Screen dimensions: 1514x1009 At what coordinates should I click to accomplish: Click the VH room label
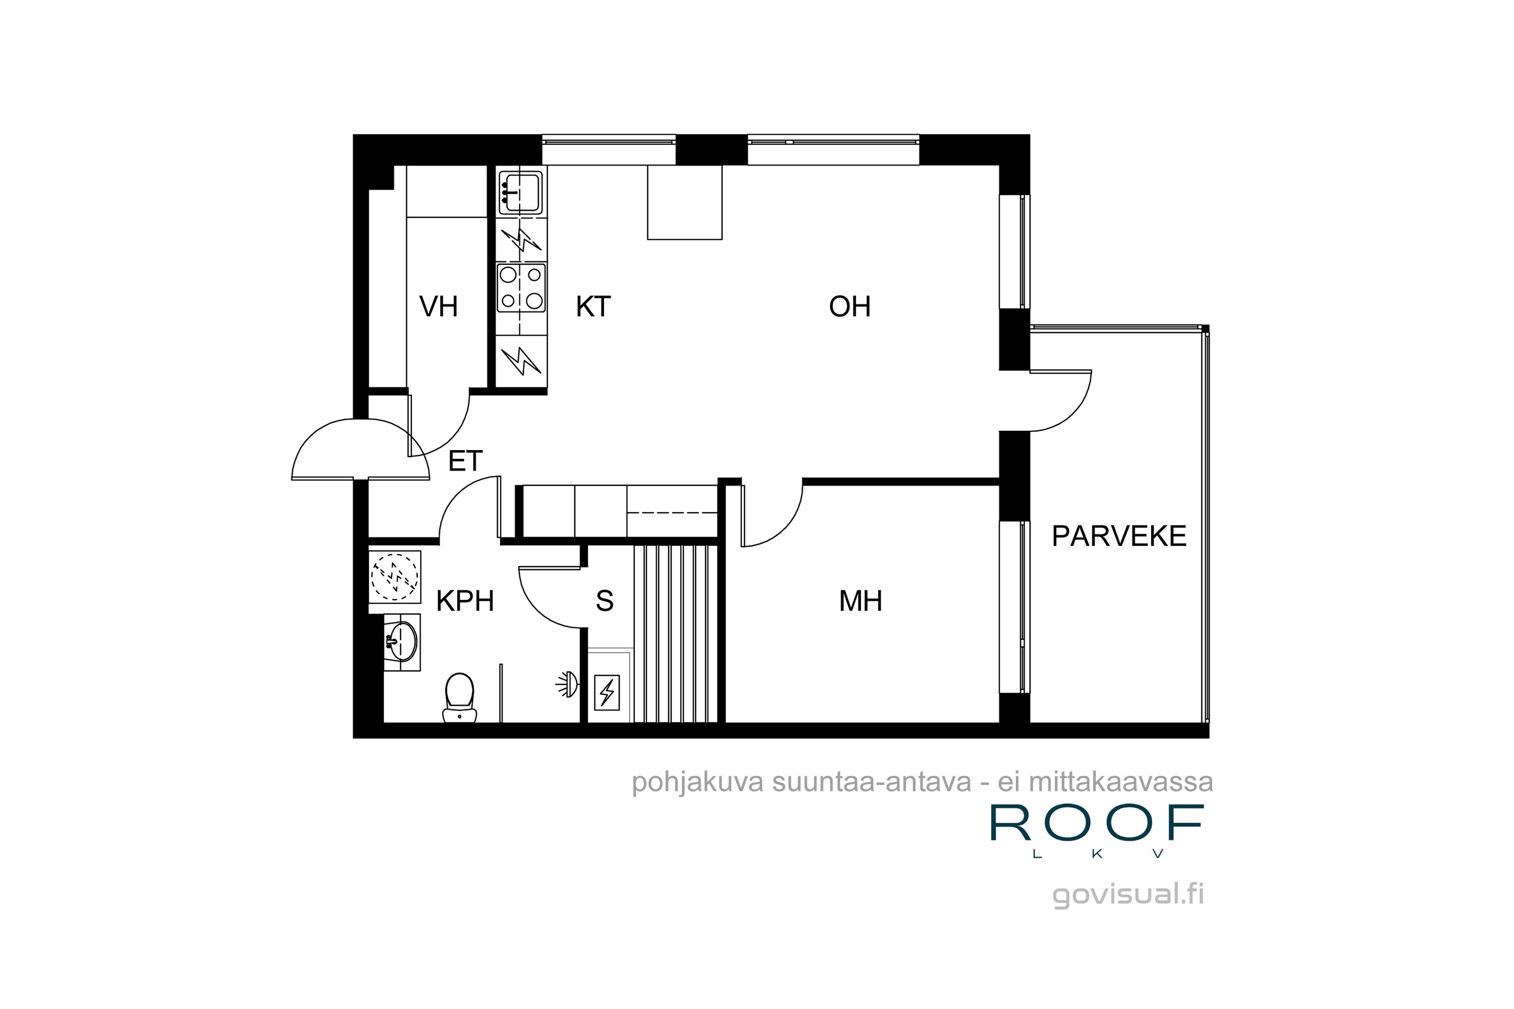(439, 306)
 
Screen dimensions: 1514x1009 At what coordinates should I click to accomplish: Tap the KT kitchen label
(593, 306)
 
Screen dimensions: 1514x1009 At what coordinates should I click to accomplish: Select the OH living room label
(850, 306)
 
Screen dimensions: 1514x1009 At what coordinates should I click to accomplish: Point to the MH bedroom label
(860, 601)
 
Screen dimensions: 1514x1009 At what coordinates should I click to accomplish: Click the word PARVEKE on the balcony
(1119, 536)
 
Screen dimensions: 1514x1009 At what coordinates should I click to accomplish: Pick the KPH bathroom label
(465, 601)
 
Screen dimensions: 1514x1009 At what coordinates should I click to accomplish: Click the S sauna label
(605, 601)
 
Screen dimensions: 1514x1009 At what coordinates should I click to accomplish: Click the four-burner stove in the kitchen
(521, 288)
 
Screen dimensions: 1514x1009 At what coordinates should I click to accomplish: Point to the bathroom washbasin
(402, 642)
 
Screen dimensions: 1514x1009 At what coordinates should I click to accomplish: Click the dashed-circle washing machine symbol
(395, 577)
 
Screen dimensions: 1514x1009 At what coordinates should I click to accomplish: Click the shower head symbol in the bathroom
(567, 684)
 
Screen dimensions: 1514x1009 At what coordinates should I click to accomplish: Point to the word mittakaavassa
(1121, 782)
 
